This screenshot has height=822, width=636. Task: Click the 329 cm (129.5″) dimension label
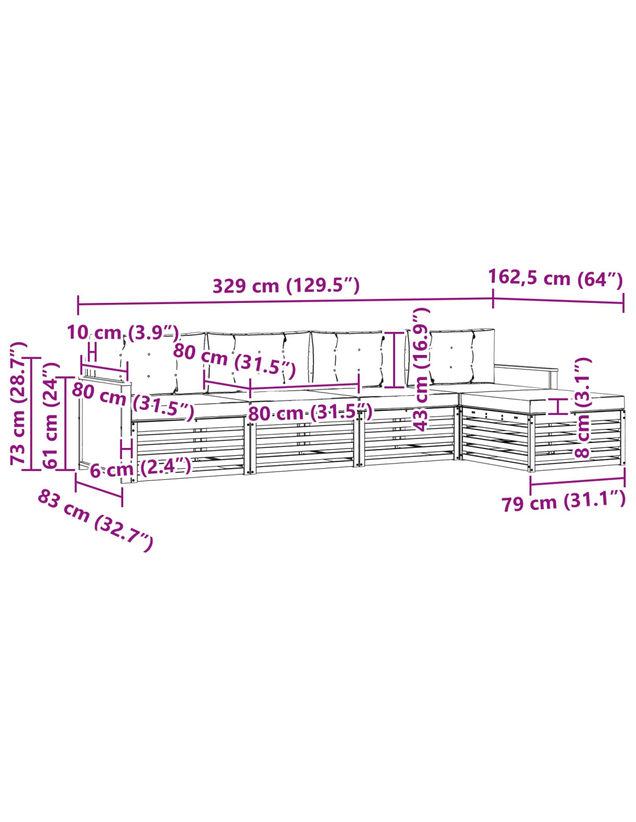[x=286, y=286]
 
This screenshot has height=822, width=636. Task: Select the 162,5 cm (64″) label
[x=555, y=279]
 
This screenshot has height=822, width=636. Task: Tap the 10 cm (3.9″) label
[x=123, y=333]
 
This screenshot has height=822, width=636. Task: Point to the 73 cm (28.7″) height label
[x=19, y=403]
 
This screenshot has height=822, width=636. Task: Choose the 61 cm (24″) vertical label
[x=51, y=416]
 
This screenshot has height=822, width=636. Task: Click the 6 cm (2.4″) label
[x=140, y=468]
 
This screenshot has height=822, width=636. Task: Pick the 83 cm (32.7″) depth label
[x=96, y=521]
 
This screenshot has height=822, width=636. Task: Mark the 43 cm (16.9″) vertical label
[x=422, y=369]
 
